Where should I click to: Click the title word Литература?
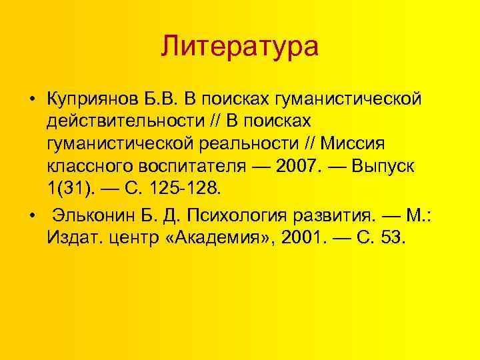(x=240, y=47)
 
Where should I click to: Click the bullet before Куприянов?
(x=31, y=100)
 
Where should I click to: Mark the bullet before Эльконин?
(x=31, y=217)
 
